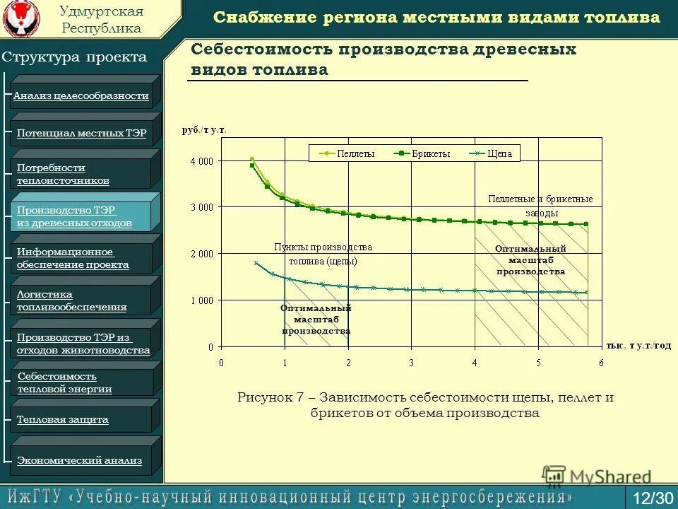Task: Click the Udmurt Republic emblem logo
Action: tap(21, 18)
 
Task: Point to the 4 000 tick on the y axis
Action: tap(201, 161)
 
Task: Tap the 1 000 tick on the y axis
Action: tap(201, 300)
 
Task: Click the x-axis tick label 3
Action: tap(412, 363)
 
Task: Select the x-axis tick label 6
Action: tap(602, 363)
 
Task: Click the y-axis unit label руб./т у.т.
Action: tap(204, 130)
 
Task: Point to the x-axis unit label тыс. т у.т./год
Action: tap(638, 345)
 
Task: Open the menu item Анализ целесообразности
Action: tap(81, 95)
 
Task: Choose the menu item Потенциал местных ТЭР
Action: tap(81, 133)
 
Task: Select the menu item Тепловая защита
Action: tap(63, 419)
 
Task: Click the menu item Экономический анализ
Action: tap(79, 460)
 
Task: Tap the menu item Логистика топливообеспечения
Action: tap(72, 300)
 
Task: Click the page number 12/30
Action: tap(653, 498)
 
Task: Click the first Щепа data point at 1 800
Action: tap(256, 262)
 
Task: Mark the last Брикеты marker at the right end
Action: tap(585, 224)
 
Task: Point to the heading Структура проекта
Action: tap(74, 57)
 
